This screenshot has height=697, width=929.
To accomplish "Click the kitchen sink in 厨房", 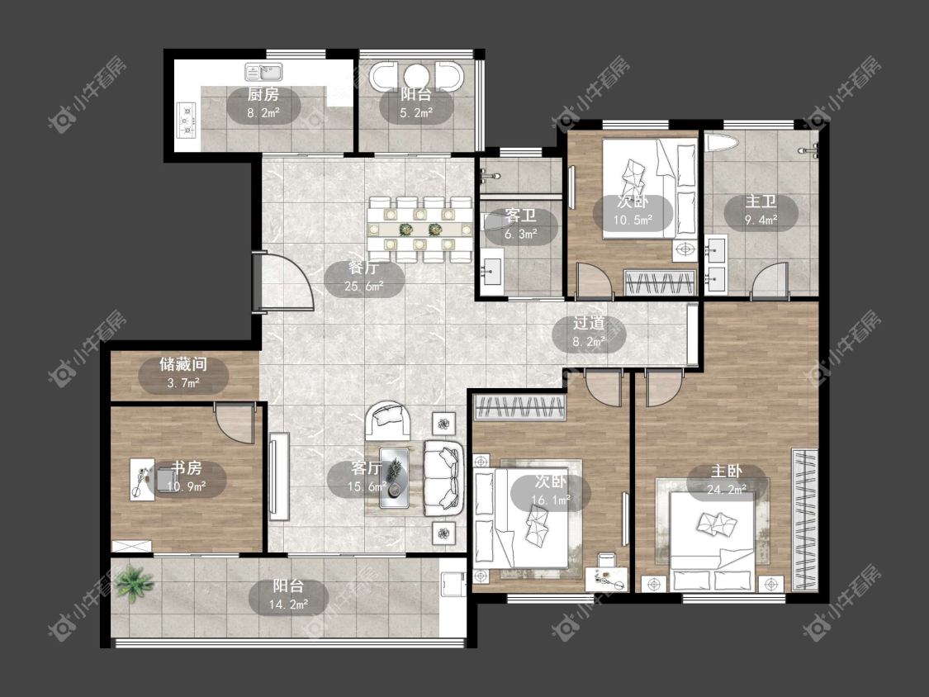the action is (264, 73).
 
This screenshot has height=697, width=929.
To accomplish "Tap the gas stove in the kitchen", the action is (187, 120).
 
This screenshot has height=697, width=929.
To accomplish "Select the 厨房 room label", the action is (263, 94).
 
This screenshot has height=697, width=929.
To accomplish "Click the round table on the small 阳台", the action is (416, 75).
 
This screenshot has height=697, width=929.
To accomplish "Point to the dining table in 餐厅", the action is (419, 229).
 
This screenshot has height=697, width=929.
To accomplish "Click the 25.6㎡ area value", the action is (364, 287).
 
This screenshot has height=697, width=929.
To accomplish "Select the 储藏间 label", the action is (183, 364).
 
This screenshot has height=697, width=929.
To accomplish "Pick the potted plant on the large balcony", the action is (135, 582).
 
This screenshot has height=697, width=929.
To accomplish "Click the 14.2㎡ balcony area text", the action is (288, 605).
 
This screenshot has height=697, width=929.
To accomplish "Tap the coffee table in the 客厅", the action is (395, 477).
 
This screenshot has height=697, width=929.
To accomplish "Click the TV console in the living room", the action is (279, 477).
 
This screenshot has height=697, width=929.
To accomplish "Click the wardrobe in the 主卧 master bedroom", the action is (804, 520).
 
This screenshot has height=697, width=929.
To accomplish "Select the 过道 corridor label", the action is (589, 323).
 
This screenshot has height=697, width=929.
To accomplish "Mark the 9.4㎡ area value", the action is (761, 220).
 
